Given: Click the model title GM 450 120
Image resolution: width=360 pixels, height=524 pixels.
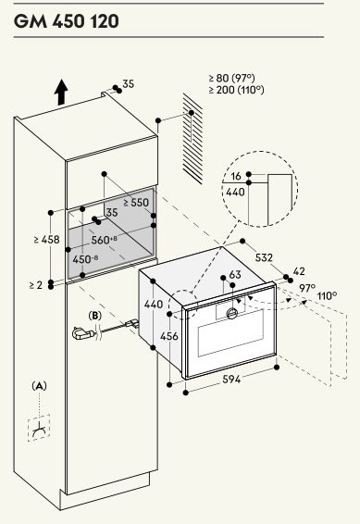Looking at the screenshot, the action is pyautogui.click(x=67, y=21).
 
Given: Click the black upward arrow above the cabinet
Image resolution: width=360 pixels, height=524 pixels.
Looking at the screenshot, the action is pyautogui.click(x=61, y=93).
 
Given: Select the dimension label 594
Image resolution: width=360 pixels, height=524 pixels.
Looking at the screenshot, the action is pyautogui.click(x=231, y=380).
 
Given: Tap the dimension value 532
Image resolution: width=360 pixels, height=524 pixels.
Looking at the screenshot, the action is pyautogui.click(x=264, y=257).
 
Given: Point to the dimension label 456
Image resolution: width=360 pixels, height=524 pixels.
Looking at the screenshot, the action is pyautogui.click(x=169, y=336).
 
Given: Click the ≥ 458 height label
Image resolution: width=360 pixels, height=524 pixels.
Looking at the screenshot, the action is pyautogui.click(x=47, y=239).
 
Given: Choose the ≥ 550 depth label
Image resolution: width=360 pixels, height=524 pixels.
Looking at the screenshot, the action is pyautogui.click(x=136, y=202).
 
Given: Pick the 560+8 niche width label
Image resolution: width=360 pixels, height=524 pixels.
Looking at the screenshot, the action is pyautogui.click(x=104, y=239).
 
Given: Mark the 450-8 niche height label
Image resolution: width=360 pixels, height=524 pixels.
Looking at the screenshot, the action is pyautogui.click(x=85, y=259).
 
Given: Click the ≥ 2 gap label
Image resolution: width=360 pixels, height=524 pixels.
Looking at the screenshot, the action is pyautogui.click(x=36, y=285).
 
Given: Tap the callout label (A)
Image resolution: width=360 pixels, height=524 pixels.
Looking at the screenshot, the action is pyautogui.click(x=39, y=386).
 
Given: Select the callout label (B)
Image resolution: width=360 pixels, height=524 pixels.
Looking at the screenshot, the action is pyautogui.click(x=94, y=316).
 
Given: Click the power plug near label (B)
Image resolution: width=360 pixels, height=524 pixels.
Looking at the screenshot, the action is pyautogui.click(x=83, y=333).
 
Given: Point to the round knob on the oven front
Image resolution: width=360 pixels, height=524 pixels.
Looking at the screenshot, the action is pyautogui.click(x=232, y=313).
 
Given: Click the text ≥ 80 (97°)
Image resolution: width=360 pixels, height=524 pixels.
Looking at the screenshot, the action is pyautogui.click(x=232, y=78).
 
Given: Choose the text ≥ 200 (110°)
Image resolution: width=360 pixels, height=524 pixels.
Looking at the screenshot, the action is pyautogui.click(x=236, y=90).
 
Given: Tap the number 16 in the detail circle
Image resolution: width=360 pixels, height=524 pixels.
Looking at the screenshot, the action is pyautogui.click(x=236, y=176).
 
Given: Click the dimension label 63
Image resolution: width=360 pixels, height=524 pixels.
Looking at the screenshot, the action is pyautogui.click(x=235, y=274).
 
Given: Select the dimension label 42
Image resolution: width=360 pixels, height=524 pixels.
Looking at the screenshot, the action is pyautogui.click(x=299, y=271).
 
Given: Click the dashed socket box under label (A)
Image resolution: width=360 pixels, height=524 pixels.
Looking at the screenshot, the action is pyautogui.click(x=39, y=428).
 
